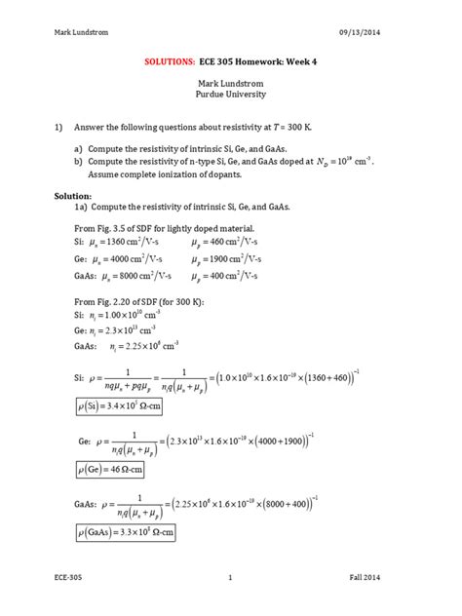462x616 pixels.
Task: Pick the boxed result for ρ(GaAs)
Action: [127, 533]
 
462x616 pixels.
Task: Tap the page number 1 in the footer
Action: [230, 579]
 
